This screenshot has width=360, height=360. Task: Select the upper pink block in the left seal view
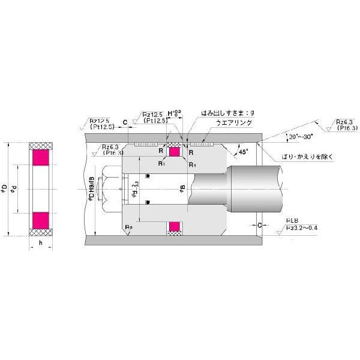point(41,158)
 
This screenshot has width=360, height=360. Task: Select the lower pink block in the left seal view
point(41,221)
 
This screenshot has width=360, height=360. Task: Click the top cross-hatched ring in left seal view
point(41,146)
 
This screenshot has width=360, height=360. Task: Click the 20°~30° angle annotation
point(299,137)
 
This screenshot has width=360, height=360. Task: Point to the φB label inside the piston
point(181,190)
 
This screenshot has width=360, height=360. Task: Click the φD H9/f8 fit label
point(92,191)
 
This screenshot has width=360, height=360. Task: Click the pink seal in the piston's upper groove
point(175,152)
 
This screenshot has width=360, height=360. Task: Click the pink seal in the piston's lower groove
point(175,227)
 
